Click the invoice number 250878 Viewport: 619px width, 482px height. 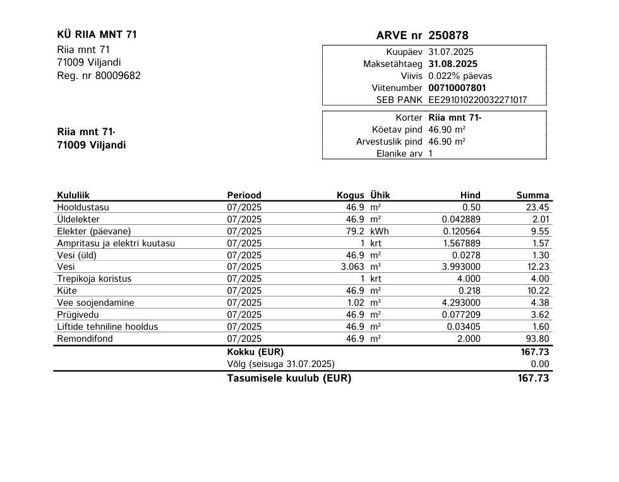pos(448,35)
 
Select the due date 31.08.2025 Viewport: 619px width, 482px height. pos(453,64)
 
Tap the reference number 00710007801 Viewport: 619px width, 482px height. pos(457,88)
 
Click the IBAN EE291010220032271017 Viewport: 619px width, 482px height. pos(478,100)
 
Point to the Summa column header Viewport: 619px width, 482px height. pos(532,195)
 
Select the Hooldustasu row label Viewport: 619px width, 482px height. pos(83,207)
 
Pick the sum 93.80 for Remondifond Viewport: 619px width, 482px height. pos(538,339)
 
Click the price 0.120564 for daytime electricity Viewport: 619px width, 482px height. pos(462,231)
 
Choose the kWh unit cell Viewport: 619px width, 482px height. pos(380,231)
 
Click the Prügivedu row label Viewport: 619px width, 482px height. pos(78,315)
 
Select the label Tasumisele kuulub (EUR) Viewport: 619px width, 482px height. pos(289,378)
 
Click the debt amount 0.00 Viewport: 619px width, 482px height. pos(541,364)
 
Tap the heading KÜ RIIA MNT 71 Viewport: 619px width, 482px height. pos(97,35)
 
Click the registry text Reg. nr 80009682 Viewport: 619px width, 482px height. pos(99,76)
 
